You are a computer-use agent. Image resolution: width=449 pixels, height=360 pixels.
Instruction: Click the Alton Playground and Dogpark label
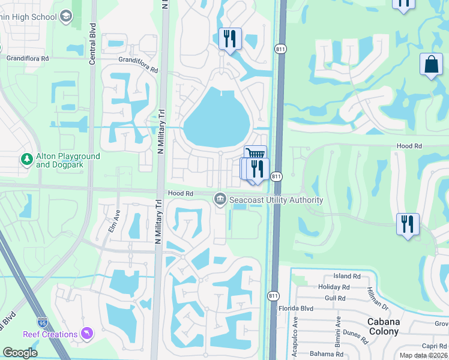tap(67, 160)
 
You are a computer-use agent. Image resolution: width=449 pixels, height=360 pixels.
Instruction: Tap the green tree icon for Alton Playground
tap(26, 160)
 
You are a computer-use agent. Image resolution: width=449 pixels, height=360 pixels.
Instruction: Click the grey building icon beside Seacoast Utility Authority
tap(220, 199)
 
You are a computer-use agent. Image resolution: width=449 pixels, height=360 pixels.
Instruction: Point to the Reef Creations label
tap(50, 334)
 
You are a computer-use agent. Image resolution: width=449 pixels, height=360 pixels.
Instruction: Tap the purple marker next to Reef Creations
tap(88, 333)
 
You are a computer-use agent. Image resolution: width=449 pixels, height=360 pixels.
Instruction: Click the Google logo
tap(20, 353)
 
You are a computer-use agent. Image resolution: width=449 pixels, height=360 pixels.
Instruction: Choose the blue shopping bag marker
tap(432, 65)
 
